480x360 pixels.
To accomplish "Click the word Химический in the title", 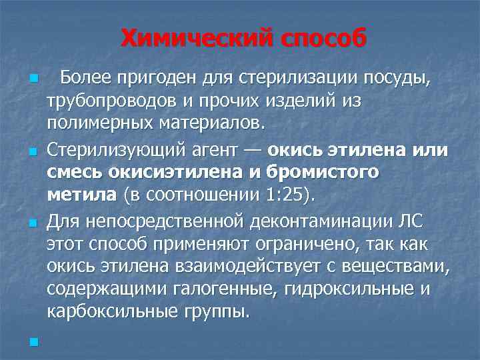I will (x=189, y=39).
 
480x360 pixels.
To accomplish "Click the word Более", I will (x=87, y=80).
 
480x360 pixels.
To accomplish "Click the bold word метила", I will (x=79, y=194).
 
